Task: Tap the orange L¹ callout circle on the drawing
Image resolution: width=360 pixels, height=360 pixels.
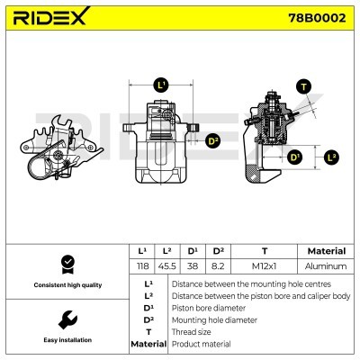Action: (161, 85)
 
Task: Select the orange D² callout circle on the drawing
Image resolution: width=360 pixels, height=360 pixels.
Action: (213, 140)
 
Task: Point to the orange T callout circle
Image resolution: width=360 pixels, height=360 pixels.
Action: (302, 87)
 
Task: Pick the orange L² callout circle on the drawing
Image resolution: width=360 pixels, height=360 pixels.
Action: (331, 157)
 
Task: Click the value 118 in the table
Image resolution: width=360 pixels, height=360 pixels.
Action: (141, 266)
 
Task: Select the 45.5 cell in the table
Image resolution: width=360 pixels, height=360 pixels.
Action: (167, 266)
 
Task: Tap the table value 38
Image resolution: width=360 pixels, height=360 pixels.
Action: (193, 266)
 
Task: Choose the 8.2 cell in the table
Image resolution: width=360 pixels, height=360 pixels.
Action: (219, 266)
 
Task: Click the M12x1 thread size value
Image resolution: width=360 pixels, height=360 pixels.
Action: (263, 266)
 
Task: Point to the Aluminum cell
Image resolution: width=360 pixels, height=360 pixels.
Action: (326, 266)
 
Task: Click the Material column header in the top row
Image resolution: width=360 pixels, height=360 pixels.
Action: (326, 251)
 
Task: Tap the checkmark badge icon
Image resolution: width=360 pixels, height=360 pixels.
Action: (66, 264)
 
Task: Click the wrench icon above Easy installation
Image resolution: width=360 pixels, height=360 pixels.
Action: (66, 319)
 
